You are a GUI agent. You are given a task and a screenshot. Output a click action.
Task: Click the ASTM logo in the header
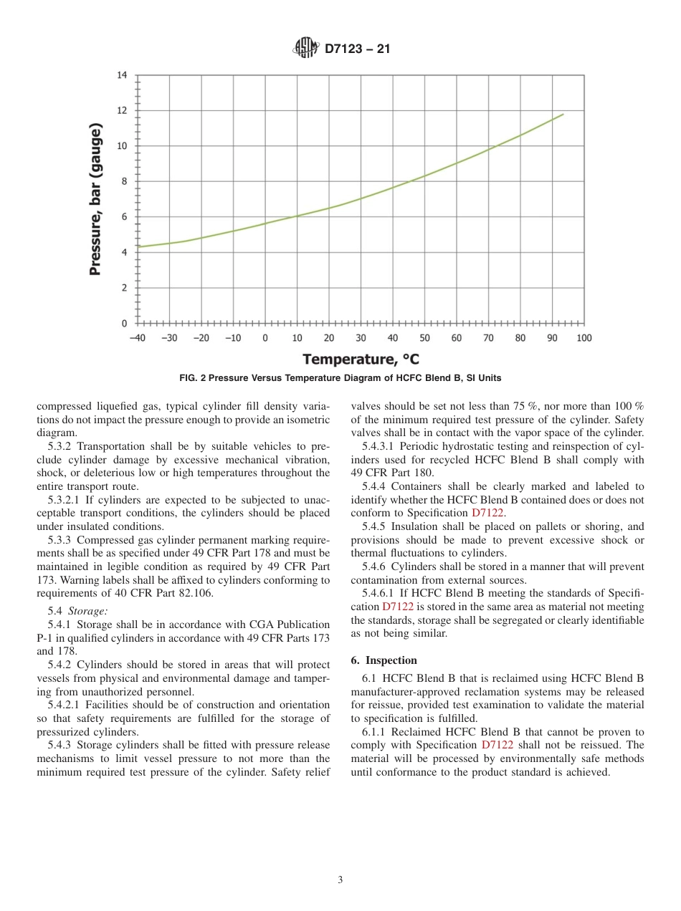[305, 49]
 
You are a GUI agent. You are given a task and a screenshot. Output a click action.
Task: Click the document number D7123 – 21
[357, 49]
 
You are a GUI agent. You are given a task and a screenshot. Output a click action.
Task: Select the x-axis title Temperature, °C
[361, 359]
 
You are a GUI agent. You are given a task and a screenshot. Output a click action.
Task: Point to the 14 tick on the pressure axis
[121, 75]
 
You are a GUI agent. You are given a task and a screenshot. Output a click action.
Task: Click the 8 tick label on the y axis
[123, 181]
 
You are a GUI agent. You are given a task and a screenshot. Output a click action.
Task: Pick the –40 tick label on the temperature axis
[137, 338]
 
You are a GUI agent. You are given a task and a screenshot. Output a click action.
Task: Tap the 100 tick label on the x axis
[584, 338]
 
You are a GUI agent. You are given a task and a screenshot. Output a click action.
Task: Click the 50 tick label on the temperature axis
[424, 338]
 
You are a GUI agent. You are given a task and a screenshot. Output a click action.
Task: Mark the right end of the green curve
[563, 114]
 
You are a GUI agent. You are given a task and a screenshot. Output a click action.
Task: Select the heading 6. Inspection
[384, 660]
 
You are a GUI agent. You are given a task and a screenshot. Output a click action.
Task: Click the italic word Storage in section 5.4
[88, 611]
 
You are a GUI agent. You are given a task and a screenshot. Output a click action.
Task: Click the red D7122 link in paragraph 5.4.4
[487, 513]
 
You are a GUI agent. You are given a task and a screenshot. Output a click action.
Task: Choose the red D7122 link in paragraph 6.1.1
[497, 746]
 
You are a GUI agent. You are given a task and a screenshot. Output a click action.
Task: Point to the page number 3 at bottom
[340, 880]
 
